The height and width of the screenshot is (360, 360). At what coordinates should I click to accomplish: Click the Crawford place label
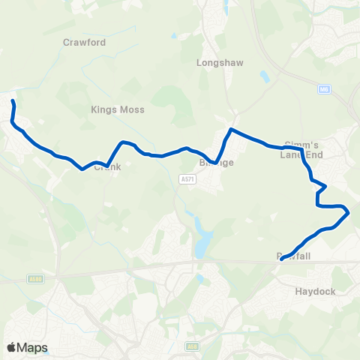[85, 43]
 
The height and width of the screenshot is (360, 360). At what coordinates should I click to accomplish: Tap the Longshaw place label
[217, 64]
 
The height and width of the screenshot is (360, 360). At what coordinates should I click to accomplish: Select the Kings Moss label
[118, 109]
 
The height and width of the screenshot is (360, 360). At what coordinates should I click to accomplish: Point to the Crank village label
[107, 167]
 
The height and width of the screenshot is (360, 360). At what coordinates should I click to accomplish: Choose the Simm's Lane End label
[302, 149]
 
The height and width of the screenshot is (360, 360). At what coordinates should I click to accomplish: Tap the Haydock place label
[316, 291]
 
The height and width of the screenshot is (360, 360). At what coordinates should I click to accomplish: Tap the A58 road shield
[192, 346]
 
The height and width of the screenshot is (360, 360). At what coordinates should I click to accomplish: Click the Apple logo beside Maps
[11, 347]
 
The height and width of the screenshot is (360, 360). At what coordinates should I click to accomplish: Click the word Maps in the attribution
[32, 347]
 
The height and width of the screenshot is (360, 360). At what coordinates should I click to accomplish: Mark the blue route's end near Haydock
[281, 259]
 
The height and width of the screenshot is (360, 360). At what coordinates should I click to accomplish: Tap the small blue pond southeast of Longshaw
[264, 75]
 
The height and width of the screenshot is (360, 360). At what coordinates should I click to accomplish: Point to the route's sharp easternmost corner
[349, 213]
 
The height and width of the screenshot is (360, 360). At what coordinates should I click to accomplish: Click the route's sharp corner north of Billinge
[230, 130]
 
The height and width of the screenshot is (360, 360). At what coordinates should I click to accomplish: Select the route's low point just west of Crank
[82, 169]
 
